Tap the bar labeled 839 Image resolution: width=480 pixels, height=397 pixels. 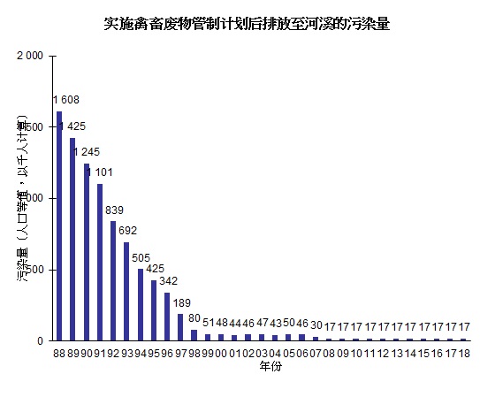113,280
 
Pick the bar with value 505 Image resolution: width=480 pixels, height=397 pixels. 141,304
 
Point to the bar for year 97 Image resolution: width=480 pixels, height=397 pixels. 180,326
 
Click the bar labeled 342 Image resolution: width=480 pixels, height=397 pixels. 167,316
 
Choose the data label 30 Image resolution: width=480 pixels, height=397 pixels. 316,325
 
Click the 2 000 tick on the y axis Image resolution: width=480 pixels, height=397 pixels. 30,56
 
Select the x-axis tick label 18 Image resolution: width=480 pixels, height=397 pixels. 463,352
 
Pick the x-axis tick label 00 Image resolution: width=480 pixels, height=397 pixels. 221,352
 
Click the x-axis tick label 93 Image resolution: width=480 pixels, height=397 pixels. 126,352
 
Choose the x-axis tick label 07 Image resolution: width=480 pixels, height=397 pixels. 316,352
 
